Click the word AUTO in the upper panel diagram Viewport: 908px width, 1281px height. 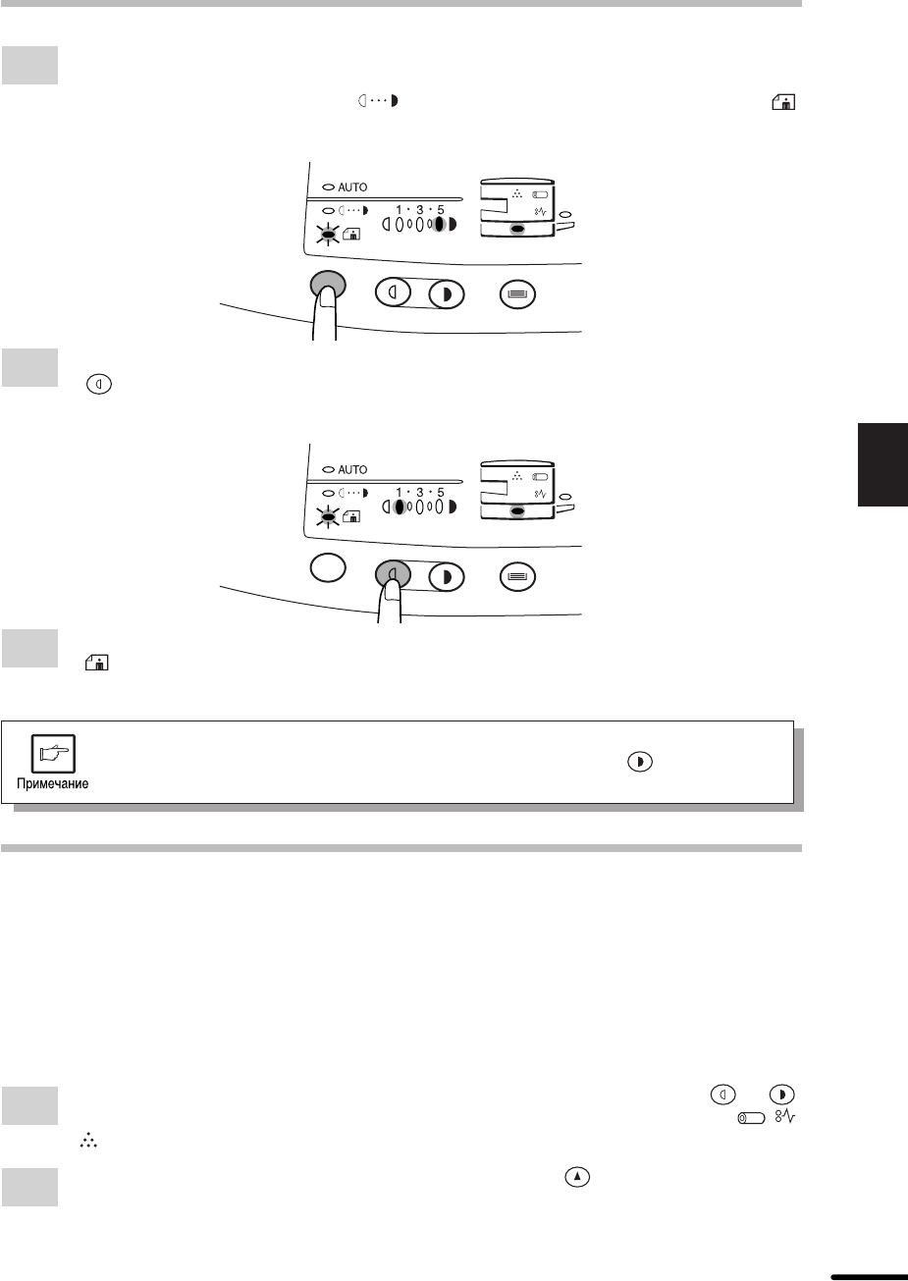tap(352, 187)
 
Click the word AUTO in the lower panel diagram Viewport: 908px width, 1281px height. tap(352, 469)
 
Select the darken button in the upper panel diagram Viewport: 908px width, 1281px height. tap(446, 294)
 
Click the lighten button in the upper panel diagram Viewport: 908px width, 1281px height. tap(393, 293)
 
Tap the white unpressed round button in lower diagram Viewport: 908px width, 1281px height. tap(328, 567)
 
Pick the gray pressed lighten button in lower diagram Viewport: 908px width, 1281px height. tap(393, 574)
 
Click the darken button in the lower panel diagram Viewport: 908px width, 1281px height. tap(446, 576)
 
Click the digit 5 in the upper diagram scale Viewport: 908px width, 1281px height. tap(441, 210)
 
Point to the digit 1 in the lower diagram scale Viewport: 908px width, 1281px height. tap(400, 493)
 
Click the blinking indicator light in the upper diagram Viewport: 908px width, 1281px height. tap(328, 234)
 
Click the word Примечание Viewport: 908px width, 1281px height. tap(53, 783)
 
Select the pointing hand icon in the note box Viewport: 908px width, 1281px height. tap(53, 753)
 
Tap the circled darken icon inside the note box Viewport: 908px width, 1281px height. tap(640, 762)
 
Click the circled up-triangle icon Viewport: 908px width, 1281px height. tap(577, 1177)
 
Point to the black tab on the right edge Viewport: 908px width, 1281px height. tap(882, 464)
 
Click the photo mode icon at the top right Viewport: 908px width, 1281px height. tap(783, 102)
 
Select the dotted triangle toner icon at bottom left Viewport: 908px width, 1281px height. tap(88, 1141)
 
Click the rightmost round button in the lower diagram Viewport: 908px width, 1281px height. tap(517, 576)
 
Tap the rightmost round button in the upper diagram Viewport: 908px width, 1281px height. tap(517, 294)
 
